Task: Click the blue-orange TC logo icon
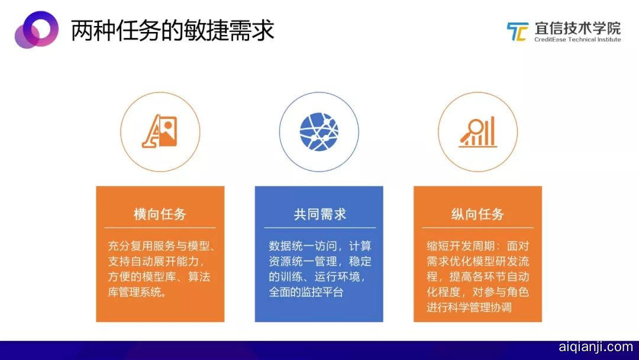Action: click(518, 31)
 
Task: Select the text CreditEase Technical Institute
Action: click(577, 40)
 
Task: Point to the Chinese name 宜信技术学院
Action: click(577, 28)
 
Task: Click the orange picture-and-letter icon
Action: click(160, 131)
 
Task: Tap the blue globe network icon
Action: click(319, 131)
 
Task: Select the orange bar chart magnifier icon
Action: click(477, 131)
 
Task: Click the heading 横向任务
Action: click(160, 214)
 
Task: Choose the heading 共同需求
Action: click(319, 214)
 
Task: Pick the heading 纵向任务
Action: click(477, 214)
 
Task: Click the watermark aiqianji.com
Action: click(596, 347)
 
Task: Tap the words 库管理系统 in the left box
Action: click(137, 292)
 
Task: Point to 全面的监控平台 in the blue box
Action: click(306, 292)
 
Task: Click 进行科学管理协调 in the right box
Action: click(469, 307)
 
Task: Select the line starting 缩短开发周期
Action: click(477, 246)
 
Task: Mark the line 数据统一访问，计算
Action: click(320, 246)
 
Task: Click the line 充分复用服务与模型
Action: click(162, 246)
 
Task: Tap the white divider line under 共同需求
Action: click(319, 227)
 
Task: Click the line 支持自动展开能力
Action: click(156, 261)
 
